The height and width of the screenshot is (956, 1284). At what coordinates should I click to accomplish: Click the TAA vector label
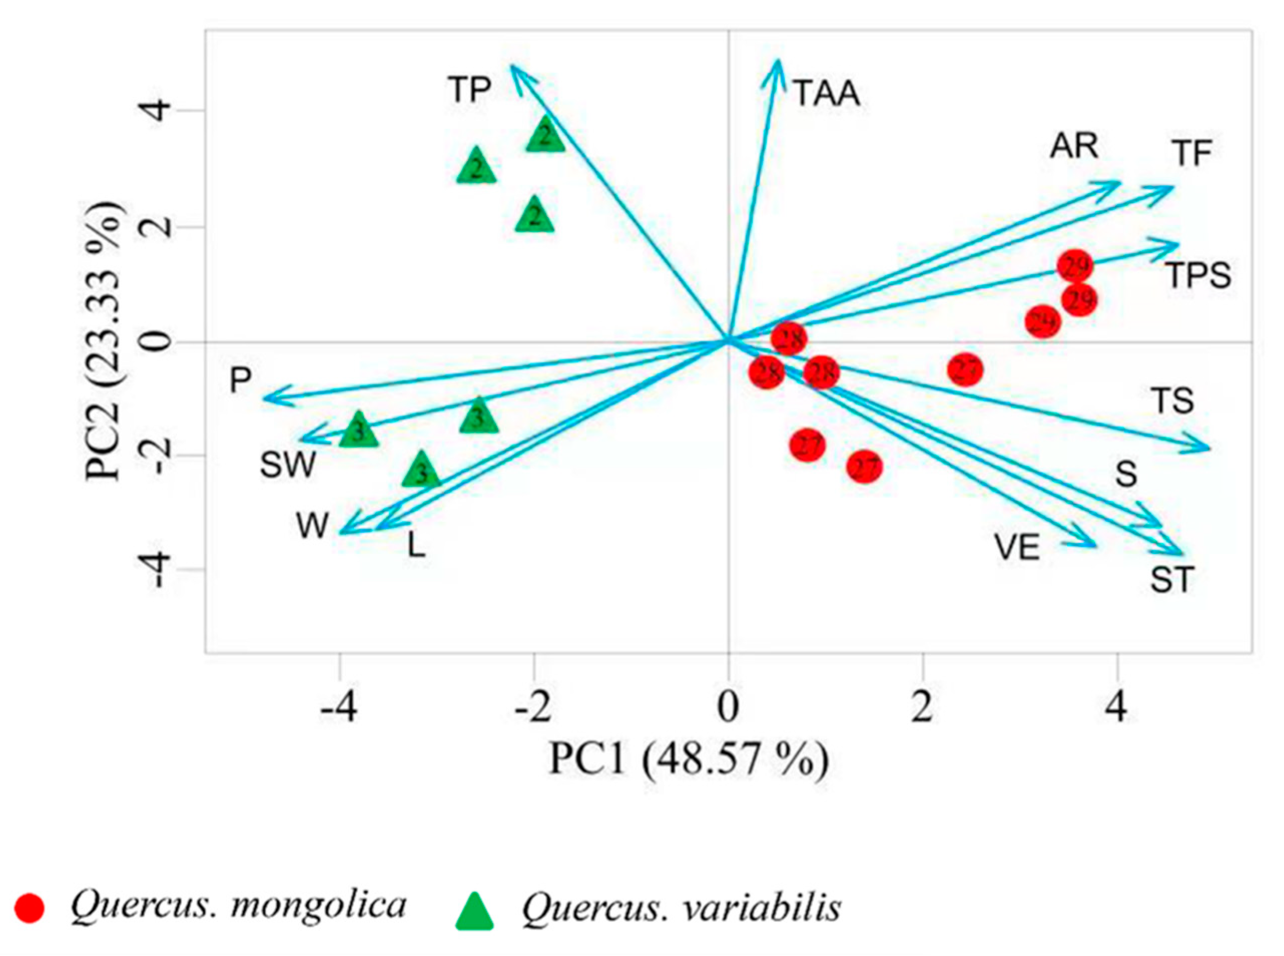click(826, 94)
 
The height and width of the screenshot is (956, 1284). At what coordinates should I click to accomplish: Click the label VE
click(1017, 547)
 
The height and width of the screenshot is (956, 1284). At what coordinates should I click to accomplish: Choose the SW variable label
click(288, 464)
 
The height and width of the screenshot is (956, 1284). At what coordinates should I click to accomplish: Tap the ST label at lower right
click(1172, 580)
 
